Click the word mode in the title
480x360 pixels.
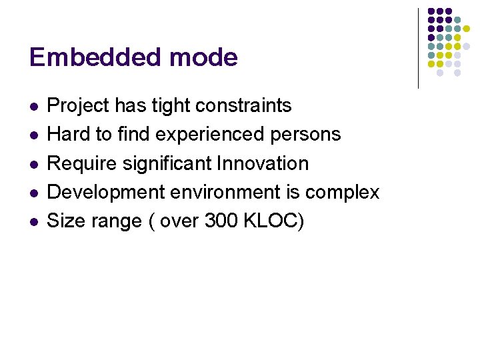pos(203,57)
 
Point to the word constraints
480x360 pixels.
pos(241,105)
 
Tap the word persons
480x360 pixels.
pos(307,135)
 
